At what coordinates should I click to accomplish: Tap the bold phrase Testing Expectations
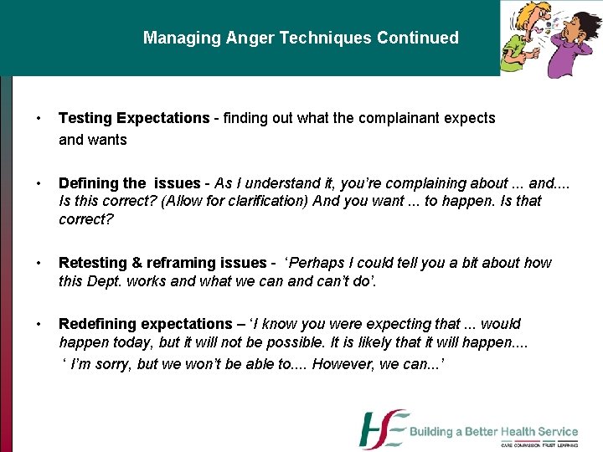(x=133, y=118)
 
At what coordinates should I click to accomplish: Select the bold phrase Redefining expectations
(x=145, y=323)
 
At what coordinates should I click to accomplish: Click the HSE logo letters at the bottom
(x=383, y=429)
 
